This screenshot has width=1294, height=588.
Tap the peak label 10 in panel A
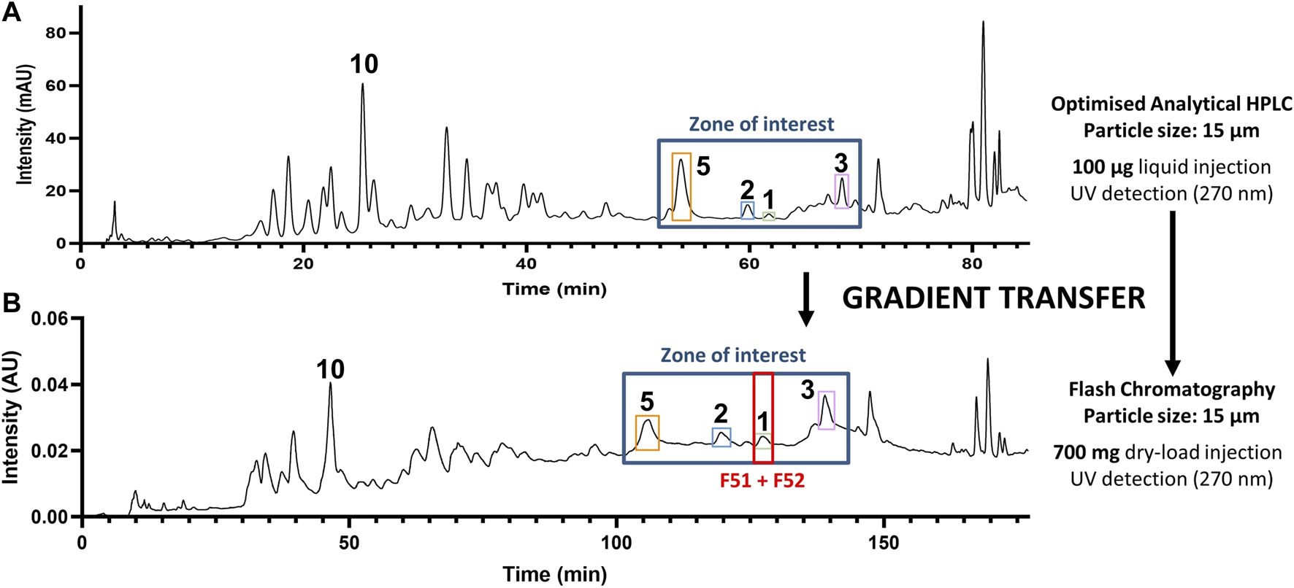[364, 65]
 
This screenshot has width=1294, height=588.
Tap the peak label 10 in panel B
[330, 370]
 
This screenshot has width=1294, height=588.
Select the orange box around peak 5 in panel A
[681, 187]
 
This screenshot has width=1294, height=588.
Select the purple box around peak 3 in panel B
[826, 410]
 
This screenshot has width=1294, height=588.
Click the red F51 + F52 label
[762, 481]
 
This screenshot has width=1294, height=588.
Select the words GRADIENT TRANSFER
[993, 298]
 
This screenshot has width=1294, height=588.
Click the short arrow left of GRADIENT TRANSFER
[805, 299]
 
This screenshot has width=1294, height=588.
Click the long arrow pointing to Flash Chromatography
[1172, 292]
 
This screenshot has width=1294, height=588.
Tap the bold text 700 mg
[1086, 452]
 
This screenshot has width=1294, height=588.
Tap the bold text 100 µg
[1103, 167]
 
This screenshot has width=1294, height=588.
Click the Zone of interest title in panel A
[761, 124]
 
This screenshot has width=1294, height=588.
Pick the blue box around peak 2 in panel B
[721, 437]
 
